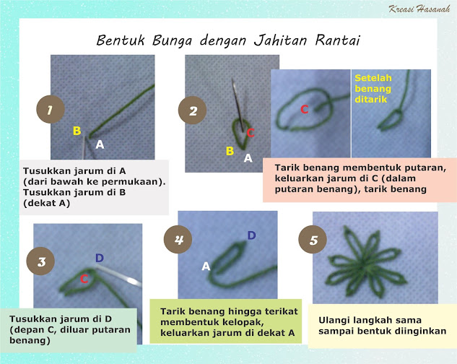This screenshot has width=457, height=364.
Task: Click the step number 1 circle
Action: point(48,110)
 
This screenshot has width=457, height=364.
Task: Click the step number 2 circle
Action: point(191,110)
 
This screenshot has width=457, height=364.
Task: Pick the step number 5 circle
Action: point(312,240)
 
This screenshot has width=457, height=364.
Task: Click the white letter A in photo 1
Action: point(100,144)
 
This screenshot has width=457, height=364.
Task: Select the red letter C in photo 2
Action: point(251,133)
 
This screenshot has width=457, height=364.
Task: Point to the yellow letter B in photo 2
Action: point(230,151)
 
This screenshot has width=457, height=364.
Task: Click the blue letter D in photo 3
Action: point(99,258)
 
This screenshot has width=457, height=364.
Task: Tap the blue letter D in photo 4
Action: point(251,235)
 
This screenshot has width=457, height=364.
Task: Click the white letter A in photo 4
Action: point(206,266)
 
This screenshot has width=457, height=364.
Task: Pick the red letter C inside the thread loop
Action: point(304,109)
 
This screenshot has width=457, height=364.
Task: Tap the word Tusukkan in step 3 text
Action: point(33,318)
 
